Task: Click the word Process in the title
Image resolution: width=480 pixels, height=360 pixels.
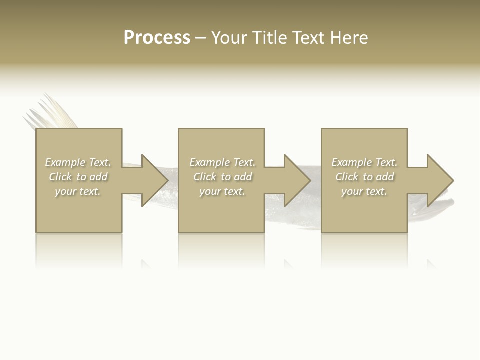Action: (157, 38)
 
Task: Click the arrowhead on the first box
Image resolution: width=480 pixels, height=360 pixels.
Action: (154, 180)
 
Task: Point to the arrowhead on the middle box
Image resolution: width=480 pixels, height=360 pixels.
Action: (297, 180)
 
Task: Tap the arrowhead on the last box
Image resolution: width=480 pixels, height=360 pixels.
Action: (440, 180)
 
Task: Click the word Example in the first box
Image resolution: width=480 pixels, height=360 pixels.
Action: (65, 162)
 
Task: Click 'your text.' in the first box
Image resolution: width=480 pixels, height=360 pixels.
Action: (78, 191)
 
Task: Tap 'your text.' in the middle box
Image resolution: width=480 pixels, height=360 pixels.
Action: (222, 191)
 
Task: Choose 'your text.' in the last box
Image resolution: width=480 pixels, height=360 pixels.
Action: (364, 191)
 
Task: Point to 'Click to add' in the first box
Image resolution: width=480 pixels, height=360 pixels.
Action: (78, 177)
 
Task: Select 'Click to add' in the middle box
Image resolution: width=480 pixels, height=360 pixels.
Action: (222, 177)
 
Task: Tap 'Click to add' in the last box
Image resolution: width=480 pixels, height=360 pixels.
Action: (365, 177)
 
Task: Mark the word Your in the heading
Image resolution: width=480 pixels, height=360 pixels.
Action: (228, 38)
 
